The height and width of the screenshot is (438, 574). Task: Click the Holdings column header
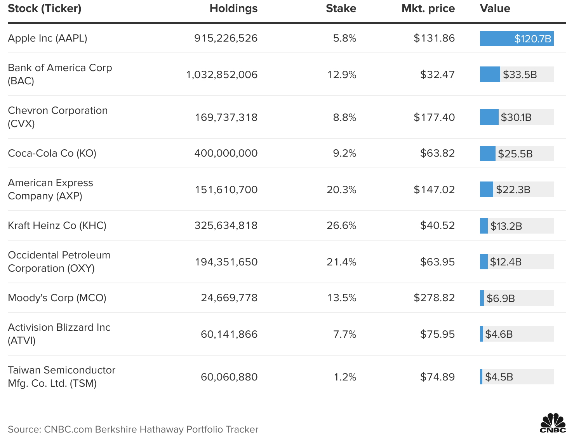pyautogui.click(x=233, y=9)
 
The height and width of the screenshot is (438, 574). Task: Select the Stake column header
pyautogui.click(x=341, y=9)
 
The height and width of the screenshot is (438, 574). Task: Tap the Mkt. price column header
pyautogui.click(x=428, y=9)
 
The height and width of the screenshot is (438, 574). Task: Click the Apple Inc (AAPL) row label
pyautogui.click(x=47, y=38)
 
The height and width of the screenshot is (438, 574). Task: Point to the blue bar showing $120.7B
pyautogui.click(x=517, y=38)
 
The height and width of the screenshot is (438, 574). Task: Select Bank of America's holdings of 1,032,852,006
pyautogui.click(x=222, y=75)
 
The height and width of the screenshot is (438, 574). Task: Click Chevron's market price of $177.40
pyautogui.click(x=434, y=117)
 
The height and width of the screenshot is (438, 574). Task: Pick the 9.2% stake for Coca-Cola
pyautogui.click(x=344, y=153)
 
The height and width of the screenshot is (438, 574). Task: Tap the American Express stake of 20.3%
pyautogui.click(x=341, y=190)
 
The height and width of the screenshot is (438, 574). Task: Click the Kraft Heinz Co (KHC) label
pyautogui.click(x=57, y=225)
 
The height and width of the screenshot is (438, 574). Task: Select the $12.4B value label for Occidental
pyautogui.click(x=506, y=262)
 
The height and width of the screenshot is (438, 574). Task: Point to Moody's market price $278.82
pyautogui.click(x=434, y=298)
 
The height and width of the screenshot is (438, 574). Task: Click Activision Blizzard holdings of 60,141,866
pyautogui.click(x=229, y=334)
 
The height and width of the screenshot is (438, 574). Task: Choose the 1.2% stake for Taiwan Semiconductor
pyautogui.click(x=345, y=377)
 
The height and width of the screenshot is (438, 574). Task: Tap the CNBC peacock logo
pyautogui.click(x=553, y=423)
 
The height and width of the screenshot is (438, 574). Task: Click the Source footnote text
pyautogui.click(x=133, y=429)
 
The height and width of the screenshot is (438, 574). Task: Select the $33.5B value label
pyautogui.click(x=520, y=75)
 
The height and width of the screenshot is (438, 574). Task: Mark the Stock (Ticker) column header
pyautogui.click(x=45, y=9)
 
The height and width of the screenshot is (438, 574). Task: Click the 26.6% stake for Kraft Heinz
pyautogui.click(x=341, y=225)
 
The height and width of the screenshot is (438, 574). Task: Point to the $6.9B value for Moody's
pyautogui.click(x=501, y=298)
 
